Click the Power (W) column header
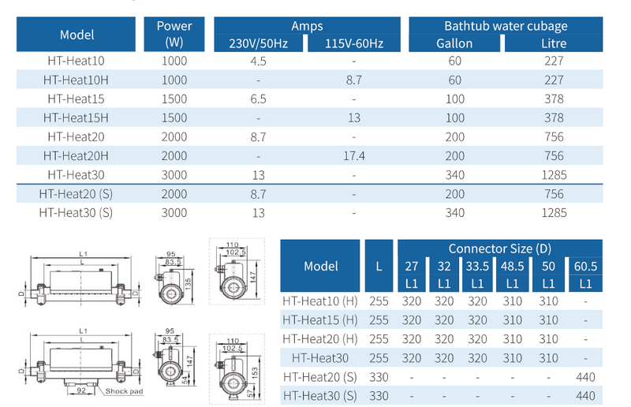tap(174, 34)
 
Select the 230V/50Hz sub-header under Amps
tap(259, 43)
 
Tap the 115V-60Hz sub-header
tap(354, 43)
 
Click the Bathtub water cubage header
tap(506, 26)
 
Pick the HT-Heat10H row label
tap(76, 80)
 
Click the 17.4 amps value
tap(354, 156)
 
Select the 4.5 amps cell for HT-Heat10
tap(259, 61)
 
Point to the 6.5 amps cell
tap(259, 99)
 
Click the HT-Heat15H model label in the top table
tap(76, 118)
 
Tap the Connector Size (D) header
tap(500, 248)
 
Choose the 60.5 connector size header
tap(585, 266)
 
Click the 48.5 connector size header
tap(512, 266)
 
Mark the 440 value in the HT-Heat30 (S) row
tap(585, 396)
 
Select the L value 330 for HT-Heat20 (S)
tap(379, 377)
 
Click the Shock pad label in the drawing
tap(124, 391)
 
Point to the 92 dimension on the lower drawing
tap(81, 390)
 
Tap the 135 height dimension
tap(188, 283)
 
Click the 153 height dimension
tap(254, 372)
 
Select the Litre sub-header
tap(554, 43)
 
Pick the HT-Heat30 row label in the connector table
tap(320, 358)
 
